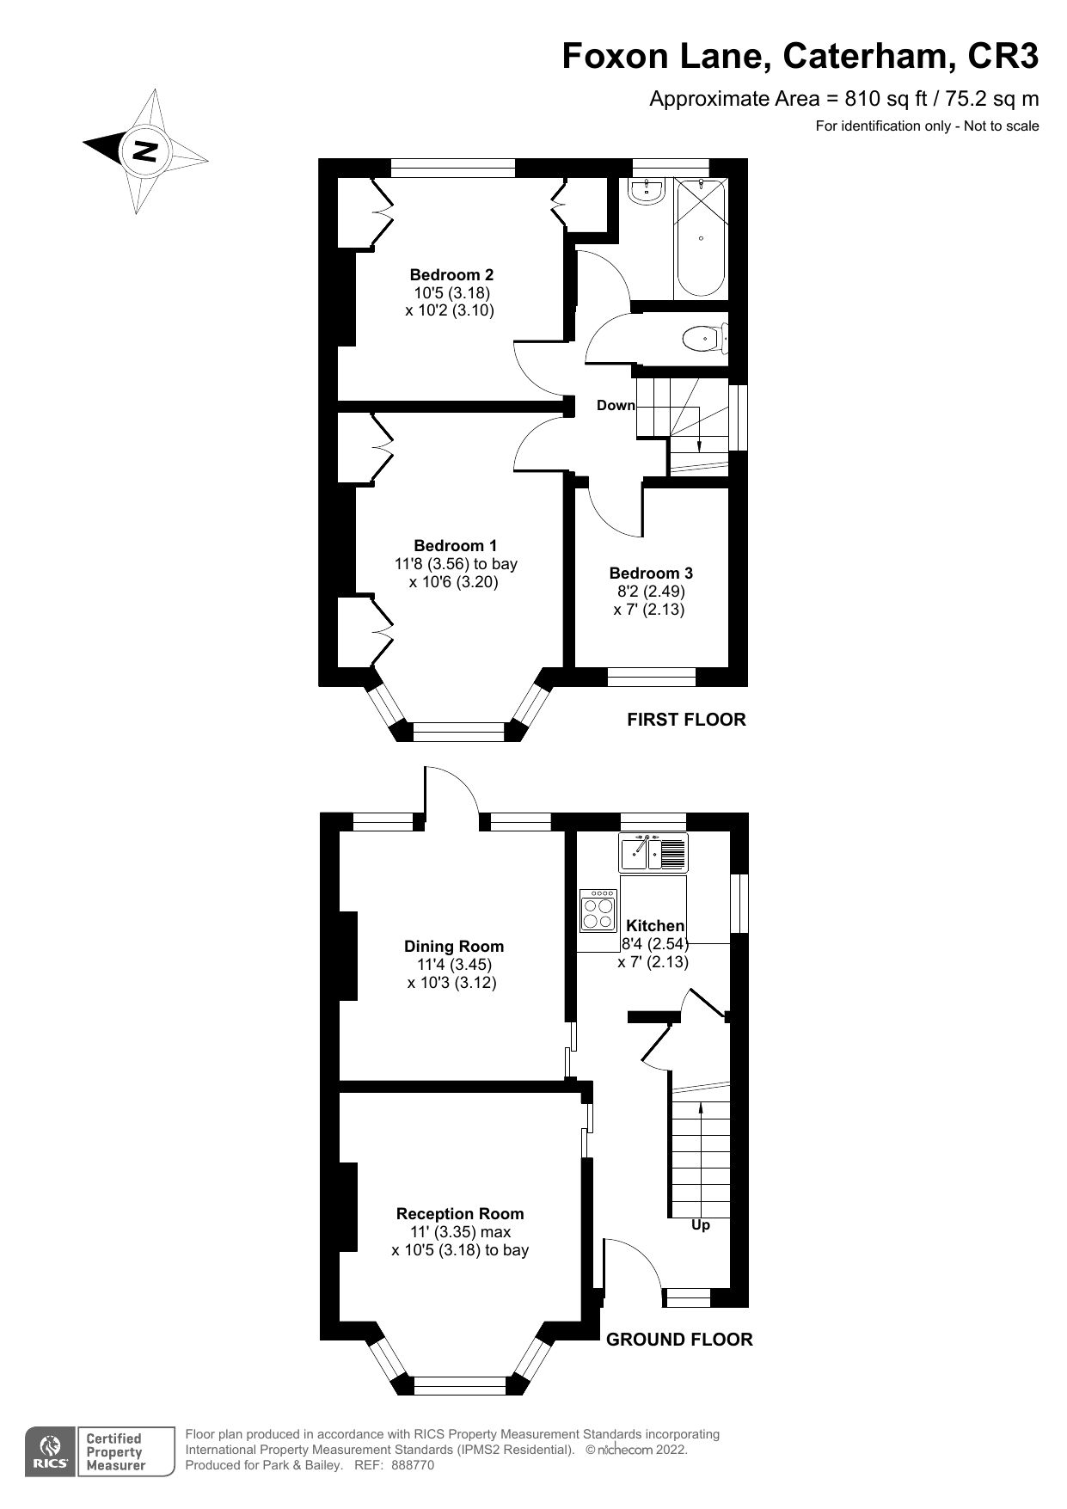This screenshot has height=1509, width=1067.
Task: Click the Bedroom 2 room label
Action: [x=451, y=275]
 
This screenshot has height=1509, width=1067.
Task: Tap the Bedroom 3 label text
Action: [x=650, y=573]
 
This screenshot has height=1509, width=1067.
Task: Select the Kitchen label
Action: [x=654, y=925]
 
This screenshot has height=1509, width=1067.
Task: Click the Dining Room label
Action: [x=453, y=946]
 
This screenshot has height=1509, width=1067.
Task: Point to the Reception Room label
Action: [x=459, y=1213]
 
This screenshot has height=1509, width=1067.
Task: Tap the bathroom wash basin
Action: [x=644, y=192]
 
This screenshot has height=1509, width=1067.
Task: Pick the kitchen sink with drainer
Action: [x=653, y=853]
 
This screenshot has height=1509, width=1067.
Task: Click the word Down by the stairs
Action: [x=616, y=405]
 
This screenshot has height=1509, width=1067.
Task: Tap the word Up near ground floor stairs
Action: [x=701, y=1224]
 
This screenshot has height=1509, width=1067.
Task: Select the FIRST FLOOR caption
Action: [x=685, y=720]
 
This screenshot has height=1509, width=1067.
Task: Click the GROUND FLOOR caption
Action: [x=678, y=1339]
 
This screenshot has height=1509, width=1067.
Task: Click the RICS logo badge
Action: [x=50, y=1451]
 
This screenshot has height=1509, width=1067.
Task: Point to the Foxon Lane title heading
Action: [x=800, y=57]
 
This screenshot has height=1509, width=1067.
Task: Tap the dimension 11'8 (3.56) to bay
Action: [x=456, y=564]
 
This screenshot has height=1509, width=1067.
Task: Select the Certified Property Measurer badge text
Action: [x=113, y=1451]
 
